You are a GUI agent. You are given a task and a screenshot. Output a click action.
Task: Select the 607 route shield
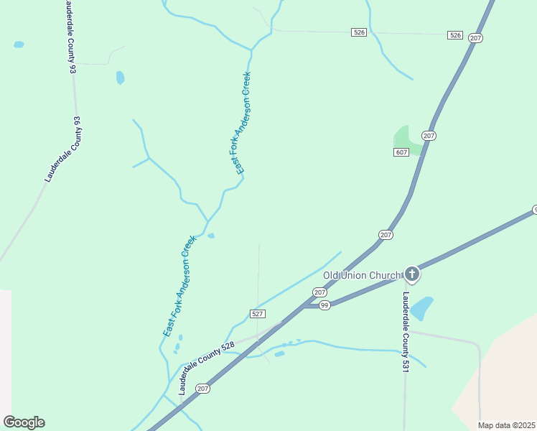click(x=401, y=152)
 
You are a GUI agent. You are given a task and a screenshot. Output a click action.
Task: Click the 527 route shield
click(x=258, y=314)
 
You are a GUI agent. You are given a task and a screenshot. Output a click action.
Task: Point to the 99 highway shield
click(x=324, y=306)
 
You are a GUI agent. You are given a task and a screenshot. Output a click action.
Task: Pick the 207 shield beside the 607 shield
click(x=429, y=136)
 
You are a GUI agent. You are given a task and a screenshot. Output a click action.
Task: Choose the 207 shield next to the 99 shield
click(x=319, y=292)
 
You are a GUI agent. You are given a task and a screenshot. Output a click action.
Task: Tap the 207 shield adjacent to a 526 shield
click(x=475, y=37)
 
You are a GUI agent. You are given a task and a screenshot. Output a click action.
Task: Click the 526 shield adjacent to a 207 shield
click(x=454, y=34)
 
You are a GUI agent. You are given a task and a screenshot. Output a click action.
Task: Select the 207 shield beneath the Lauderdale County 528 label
click(x=202, y=389)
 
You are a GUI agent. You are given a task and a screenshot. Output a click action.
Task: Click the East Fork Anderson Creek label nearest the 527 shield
click(x=179, y=286)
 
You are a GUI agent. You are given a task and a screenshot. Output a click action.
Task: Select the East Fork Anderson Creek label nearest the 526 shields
click(x=243, y=122)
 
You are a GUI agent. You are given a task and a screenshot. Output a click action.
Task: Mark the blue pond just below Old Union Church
click(x=421, y=308)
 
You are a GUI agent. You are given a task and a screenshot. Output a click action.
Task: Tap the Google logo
click(x=24, y=422)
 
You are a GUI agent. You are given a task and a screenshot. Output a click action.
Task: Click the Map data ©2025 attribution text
click(x=506, y=425)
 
